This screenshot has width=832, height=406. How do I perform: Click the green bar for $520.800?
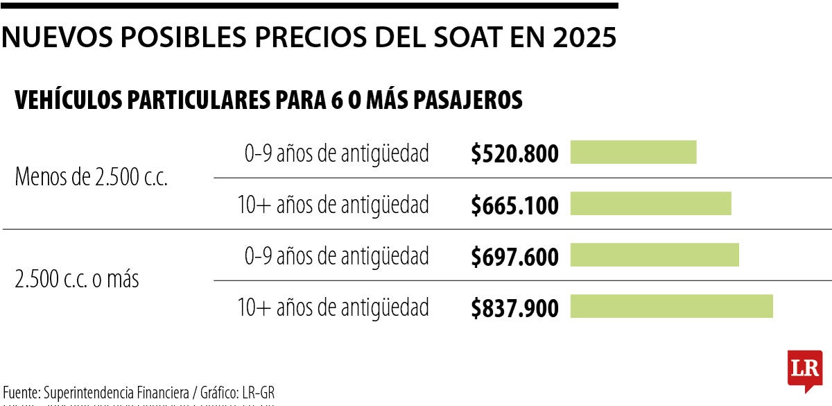pos(633,153)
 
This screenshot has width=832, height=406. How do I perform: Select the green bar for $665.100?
pos(650,204)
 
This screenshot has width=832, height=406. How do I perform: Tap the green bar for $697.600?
pos(655,255)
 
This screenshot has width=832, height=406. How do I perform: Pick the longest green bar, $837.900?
pos(671,306)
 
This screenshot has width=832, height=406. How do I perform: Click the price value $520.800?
pos(514,153)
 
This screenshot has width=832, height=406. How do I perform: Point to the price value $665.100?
pos(514,205)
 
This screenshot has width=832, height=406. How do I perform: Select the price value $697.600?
pos(514,256)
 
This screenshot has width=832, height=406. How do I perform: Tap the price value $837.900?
pos(514,307)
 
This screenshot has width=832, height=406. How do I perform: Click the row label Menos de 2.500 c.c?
pos(92,178)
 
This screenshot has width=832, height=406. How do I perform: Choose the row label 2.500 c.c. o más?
pos(77,280)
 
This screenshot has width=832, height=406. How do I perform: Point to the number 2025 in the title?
pos(584,37)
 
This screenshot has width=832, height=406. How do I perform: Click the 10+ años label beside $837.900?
pos(333,306)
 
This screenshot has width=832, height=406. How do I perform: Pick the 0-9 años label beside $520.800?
pos(336,153)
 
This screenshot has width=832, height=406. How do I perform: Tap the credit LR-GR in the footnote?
pos(259,391)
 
